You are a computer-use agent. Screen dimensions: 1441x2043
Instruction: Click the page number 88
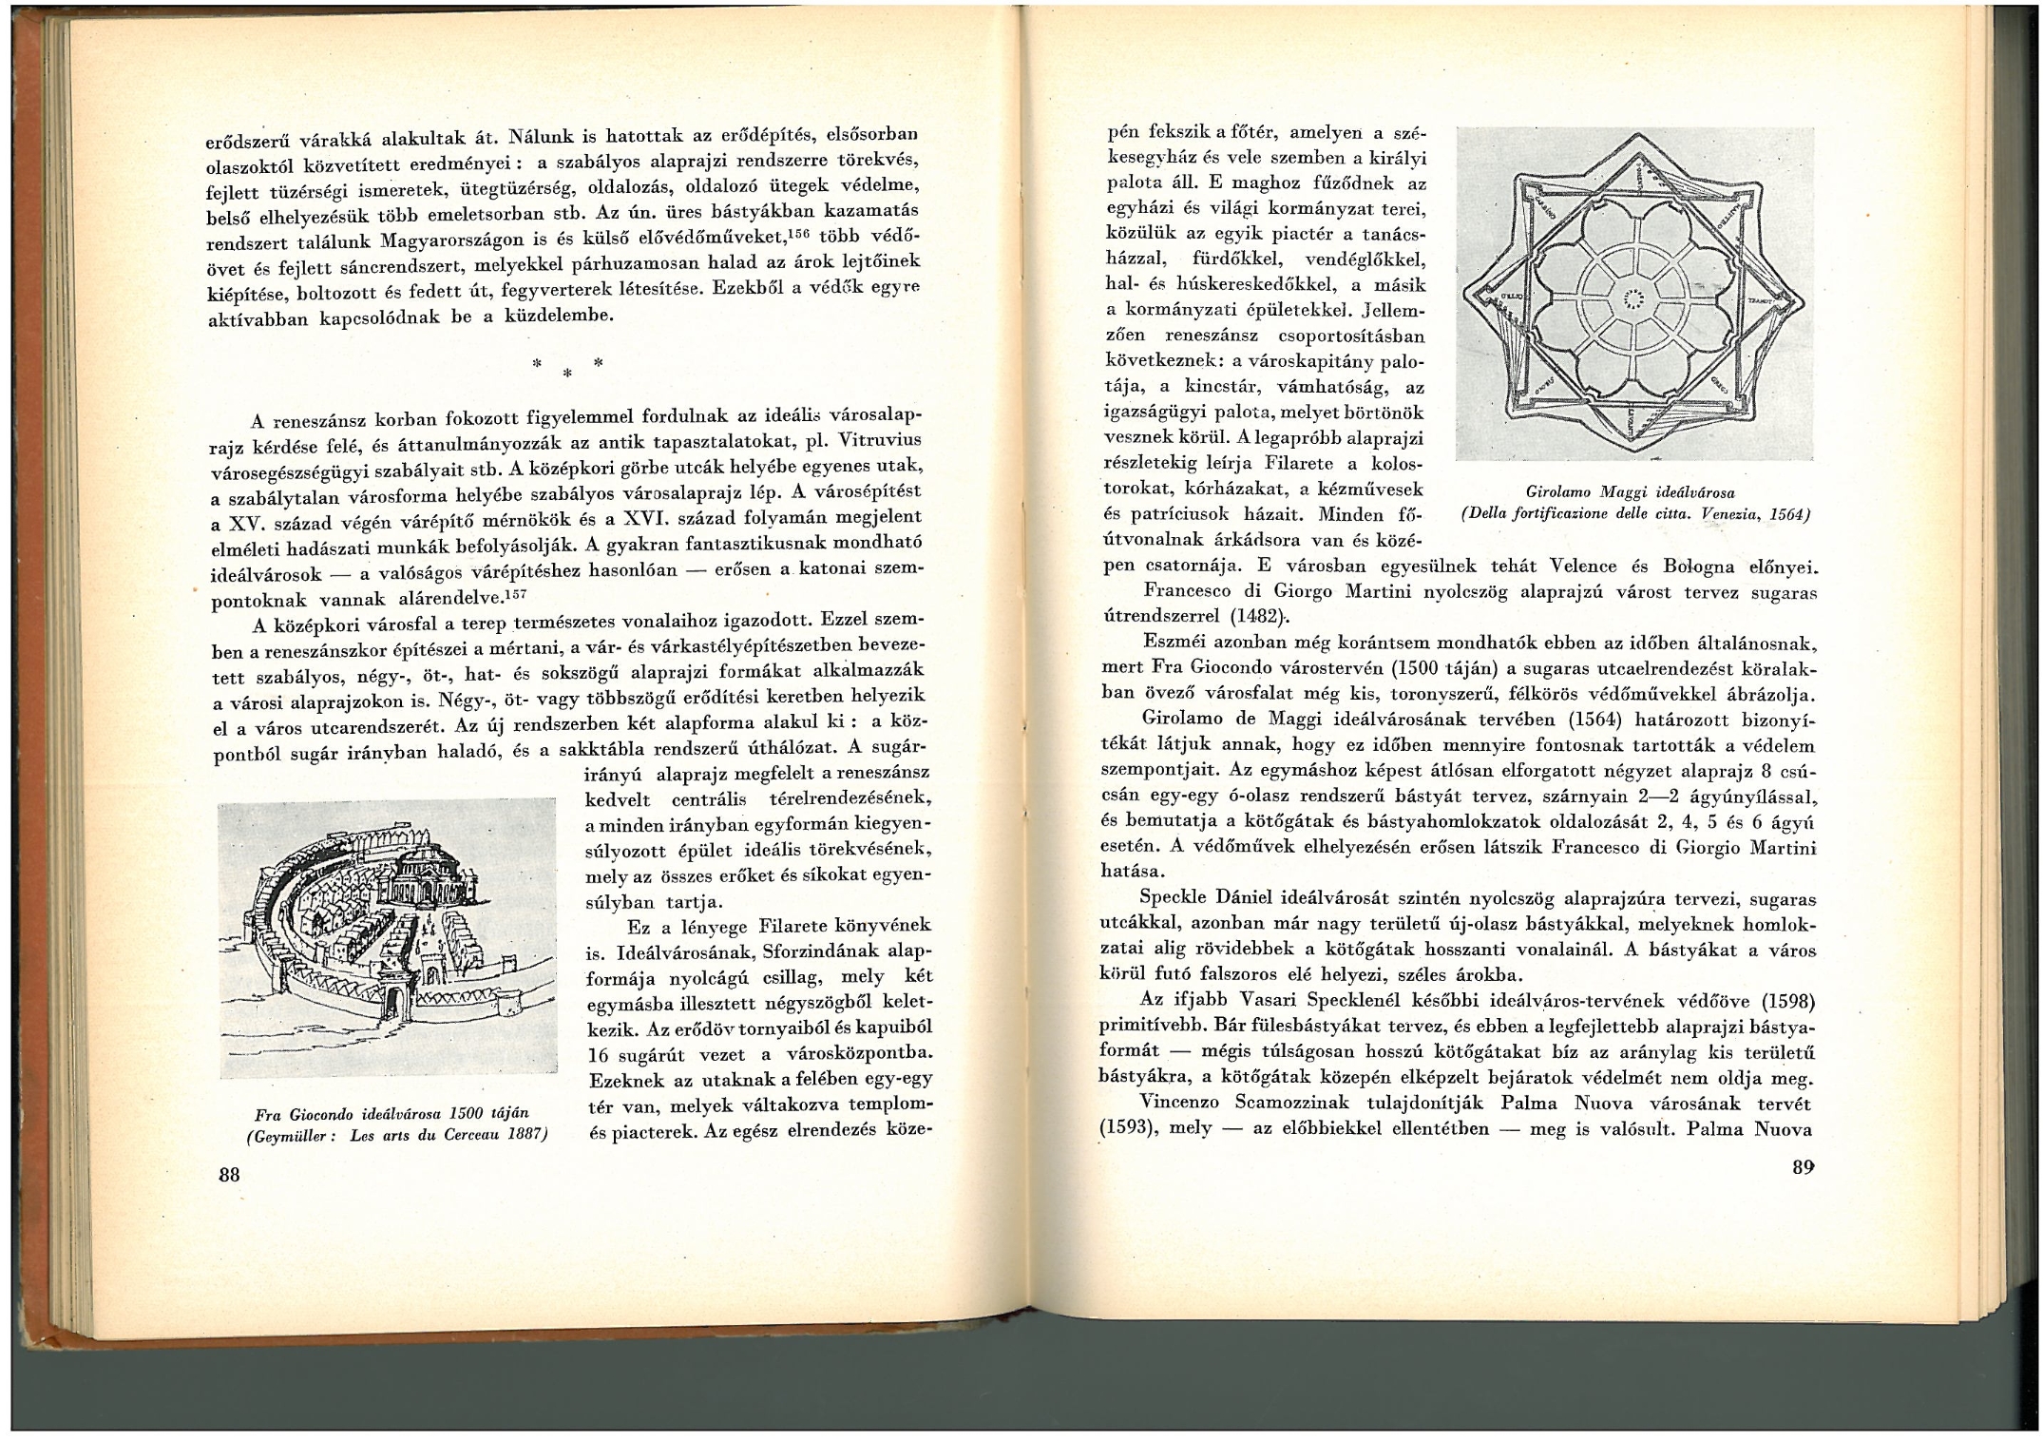point(228,1174)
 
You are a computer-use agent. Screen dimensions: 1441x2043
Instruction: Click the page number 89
point(1804,1168)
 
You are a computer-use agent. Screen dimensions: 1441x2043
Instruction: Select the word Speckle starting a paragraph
point(1172,898)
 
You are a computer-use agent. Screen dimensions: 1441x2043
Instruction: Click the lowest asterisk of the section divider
point(565,375)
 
